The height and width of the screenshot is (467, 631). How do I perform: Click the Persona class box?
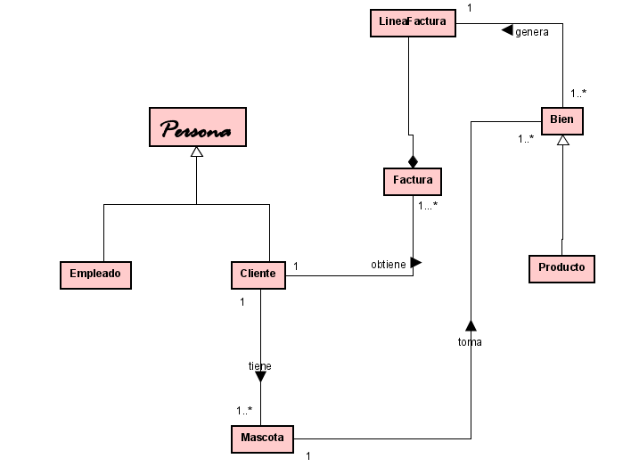pyautogui.click(x=197, y=127)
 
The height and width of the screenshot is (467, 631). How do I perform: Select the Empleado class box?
pyautogui.click(x=95, y=274)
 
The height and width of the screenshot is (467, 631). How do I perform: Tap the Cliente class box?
pyautogui.click(x=258, y=274)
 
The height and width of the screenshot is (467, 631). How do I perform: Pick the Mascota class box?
pyautogui.click(x=262, y=438)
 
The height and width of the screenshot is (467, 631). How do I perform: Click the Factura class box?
pyautogui.click(x=413, y=181)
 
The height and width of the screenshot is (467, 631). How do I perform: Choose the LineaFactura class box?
pyautogui.click(x=413, y=23)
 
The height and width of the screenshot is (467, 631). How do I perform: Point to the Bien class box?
pyautogui.click(x=562, y=119)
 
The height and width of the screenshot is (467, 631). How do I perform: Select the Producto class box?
pyautogui.click(x=561, y=267)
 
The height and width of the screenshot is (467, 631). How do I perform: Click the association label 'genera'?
pyautogui.click(x=532, y=31)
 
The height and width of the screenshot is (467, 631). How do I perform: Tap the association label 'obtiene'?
pyautogui.click(x=389, y=265)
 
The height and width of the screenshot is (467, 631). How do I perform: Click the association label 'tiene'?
pyautogui.click(x=259, y=365)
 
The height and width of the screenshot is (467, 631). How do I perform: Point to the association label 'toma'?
pyautogui.click(x=470, y=341)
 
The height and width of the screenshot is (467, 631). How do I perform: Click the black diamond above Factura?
pyautogui.click(x=413, y=160)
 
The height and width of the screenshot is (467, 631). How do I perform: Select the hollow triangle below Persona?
pyautogui.click(x=197, y=153)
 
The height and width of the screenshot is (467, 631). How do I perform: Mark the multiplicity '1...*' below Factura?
pyautogui.click(x=428, y=206)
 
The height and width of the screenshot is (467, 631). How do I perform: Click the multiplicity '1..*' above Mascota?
pyautogui.click(x=244, y=411)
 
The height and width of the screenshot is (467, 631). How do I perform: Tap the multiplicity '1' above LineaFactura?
pyautogui.click(x=470, y=7)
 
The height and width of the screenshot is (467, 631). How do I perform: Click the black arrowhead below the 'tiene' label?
pyautogui.click(x=260, y=377)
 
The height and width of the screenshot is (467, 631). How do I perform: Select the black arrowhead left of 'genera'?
pyautogui.click(x=506, y=31)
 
